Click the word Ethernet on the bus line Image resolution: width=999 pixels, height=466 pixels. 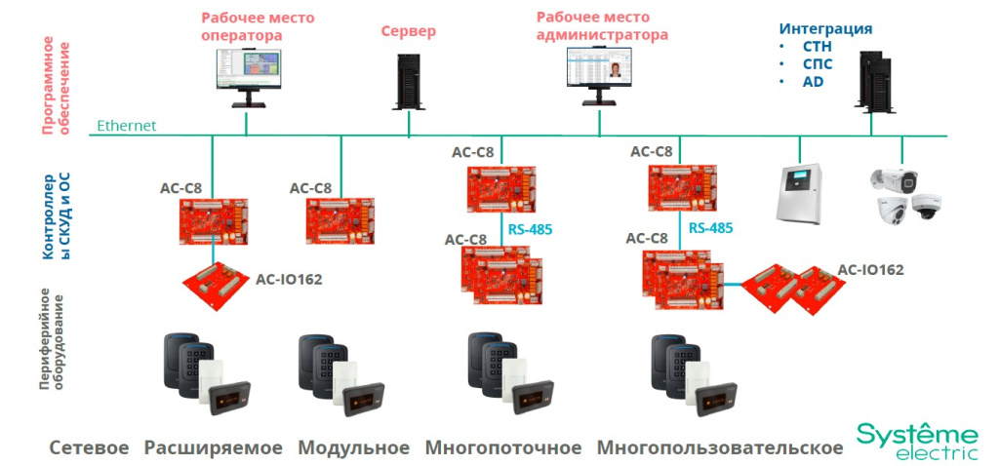coord(126,126)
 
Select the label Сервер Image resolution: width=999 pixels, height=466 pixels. coord(408,31)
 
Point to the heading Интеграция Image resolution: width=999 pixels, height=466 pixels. coord(825,28)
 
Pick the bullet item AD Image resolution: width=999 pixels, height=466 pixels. coord(813,81)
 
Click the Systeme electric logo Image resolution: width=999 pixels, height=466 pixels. coord(916,442)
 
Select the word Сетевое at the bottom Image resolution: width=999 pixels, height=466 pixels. coord(89,447)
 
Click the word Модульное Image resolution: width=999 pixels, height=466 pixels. coord(353,447)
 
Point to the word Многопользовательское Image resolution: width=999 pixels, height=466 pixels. coord(720,447)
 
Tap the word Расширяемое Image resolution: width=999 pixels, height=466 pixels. coord(214,447)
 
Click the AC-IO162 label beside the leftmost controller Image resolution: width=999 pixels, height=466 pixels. coord(289,279)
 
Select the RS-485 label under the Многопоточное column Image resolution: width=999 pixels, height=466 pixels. coord(530,230)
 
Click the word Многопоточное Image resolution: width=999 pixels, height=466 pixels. coord(502,447)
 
